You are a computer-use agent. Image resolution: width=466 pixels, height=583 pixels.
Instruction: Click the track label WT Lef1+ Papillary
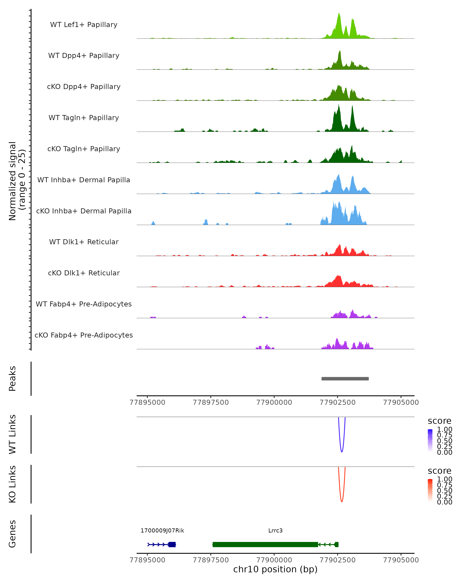(x=84, y=25)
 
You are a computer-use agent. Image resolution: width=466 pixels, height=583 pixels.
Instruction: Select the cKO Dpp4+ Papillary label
(x=84, y=87)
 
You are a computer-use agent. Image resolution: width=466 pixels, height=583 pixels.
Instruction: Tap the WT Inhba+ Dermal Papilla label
(x=84, y=180)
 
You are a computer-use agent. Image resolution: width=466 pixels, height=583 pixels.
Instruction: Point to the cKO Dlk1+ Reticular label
(x=84, y=273)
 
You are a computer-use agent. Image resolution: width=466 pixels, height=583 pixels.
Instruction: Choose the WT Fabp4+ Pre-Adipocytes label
(x=84, y=304)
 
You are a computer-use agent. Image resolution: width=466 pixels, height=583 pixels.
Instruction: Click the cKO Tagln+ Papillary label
(x=84, y=149)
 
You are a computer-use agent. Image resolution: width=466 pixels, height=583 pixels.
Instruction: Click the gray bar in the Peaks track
(x=345, y=379)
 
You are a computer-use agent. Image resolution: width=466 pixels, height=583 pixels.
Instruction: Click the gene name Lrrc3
(x=275, y=531)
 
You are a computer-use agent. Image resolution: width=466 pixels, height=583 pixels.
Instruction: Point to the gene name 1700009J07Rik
(x=162, y=531)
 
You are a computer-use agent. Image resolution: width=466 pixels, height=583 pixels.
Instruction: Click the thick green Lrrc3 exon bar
(x=265, y=545)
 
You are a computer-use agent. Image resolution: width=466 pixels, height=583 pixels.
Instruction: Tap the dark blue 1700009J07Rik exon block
(x=172, y=545)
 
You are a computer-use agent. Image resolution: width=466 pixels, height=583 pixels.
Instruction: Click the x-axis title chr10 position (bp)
(x=275, y=569)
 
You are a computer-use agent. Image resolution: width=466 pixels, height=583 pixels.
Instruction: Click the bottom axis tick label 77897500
(x=211, y=560)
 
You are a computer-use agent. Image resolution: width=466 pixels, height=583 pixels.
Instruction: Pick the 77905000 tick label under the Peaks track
(x=401, y=402)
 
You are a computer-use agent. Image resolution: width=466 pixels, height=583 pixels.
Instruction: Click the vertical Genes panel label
(x=12, y=534)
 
